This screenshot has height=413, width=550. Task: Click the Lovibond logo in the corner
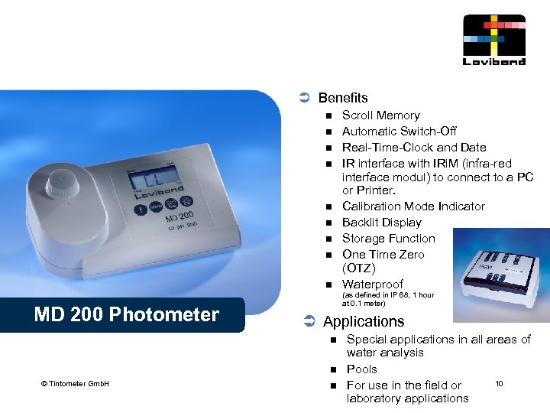[x=494, y=39]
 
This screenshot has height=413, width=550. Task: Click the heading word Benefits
[x=343, y=98]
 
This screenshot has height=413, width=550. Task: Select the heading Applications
[x=364, y=321]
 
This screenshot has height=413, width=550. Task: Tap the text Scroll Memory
[x=380, y=115]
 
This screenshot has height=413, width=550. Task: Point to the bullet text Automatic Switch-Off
[x=399, y=132]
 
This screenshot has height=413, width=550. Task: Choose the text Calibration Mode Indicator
[x=413, y=206]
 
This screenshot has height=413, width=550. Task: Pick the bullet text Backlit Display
[x=381, y=223]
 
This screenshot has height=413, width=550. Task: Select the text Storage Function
[x=388, y=239]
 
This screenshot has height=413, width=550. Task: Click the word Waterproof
[x=372, y=285]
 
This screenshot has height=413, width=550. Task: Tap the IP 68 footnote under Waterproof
[x=388, y=298]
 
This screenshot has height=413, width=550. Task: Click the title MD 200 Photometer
[x=126, y=314]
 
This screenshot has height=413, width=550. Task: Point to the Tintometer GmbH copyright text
[x=75, y=383]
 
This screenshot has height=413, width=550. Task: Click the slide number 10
[x=499, y=382]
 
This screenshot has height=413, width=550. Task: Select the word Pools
[x=361, y=369]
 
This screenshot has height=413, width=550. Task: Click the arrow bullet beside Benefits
[x=302, y=98]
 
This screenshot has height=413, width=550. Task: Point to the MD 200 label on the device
[x=180, y=220]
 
